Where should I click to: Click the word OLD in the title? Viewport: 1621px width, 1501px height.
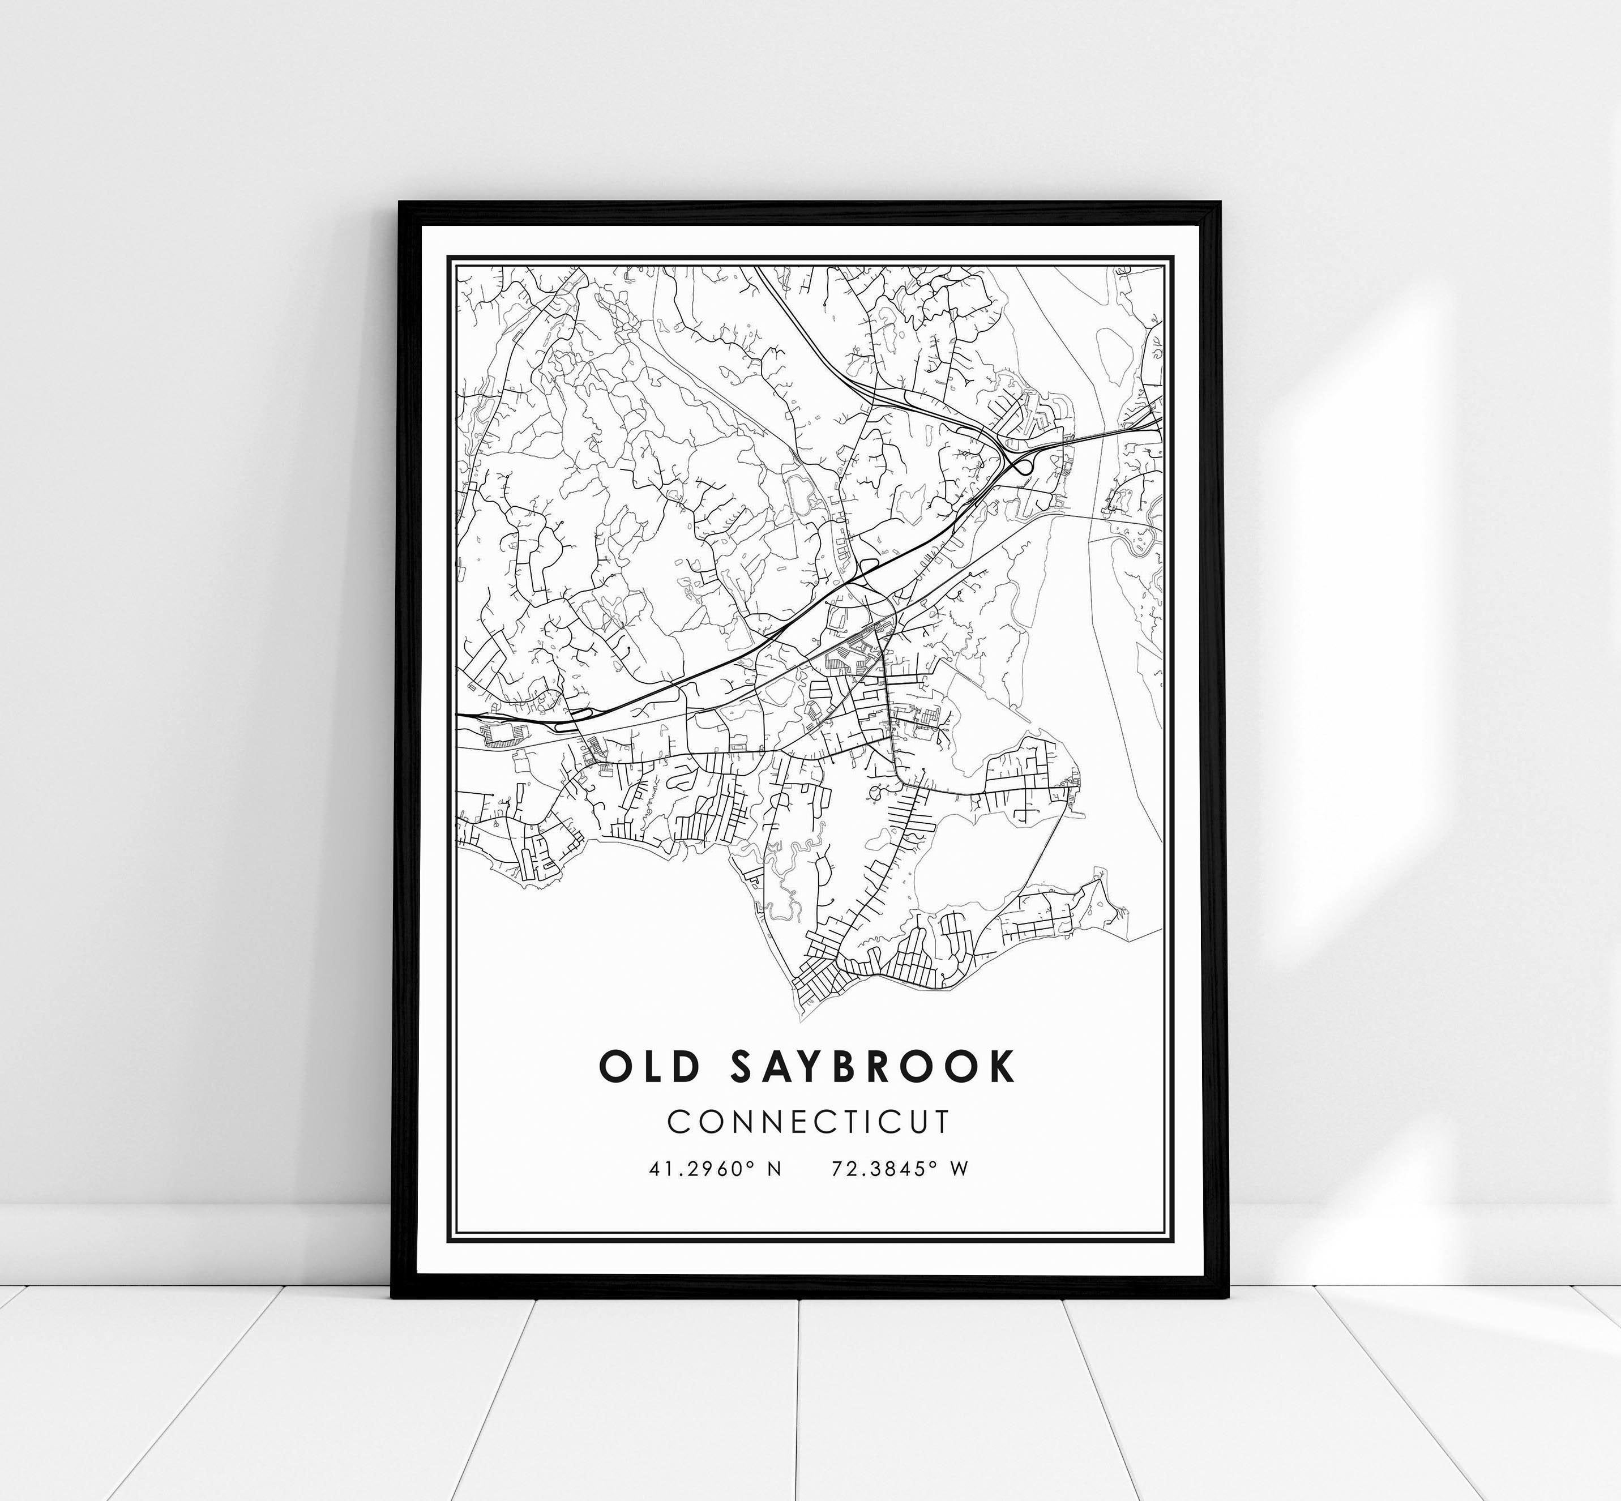tap(649, 1067)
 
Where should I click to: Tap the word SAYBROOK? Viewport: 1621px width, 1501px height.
tap(873, 1067)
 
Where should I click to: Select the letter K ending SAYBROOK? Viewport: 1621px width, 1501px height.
tap(1002, 1067)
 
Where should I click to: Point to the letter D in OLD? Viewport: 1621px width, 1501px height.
tap(685, 1067)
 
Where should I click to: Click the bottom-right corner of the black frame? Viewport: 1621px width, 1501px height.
tap(1222, 1297)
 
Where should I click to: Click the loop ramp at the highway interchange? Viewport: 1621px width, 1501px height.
tap(1021, 466)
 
